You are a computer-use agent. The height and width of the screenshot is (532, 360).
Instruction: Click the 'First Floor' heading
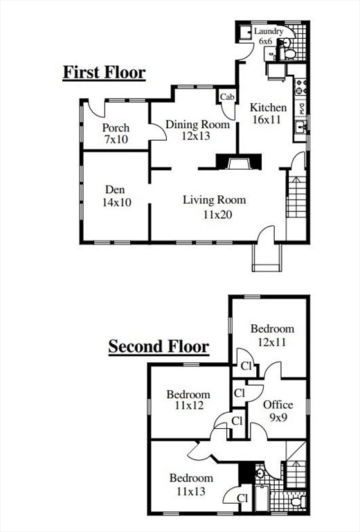[x=104, y=72]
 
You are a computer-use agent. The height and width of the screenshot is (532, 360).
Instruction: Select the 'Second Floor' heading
[x=159, y=346]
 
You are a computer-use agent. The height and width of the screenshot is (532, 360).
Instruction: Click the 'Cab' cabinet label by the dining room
[x=227, y=97]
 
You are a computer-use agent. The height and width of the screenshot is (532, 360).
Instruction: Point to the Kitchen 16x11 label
[x=268, y=114]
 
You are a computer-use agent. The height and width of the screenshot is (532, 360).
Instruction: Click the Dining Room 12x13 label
[x=197, y=131]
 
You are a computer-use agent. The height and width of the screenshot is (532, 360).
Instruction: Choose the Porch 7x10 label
[x=116, y=134]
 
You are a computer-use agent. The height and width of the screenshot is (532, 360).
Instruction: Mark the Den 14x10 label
[x=115, y=196]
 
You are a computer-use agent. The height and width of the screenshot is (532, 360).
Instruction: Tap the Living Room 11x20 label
[x=214, y=207]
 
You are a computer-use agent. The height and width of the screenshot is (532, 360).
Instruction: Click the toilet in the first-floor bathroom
[x=289, y=51]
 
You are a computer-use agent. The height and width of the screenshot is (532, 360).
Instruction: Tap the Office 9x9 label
[x=278, y=411]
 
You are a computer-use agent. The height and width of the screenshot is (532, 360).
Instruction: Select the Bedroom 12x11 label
[x=272, y=335]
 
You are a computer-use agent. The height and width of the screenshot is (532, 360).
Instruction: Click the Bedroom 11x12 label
[x=188, y=400]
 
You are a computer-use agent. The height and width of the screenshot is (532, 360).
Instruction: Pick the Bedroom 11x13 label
[x=191, y=484]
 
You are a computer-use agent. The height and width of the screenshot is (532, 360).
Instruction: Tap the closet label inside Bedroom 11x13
[x=243, y=497]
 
